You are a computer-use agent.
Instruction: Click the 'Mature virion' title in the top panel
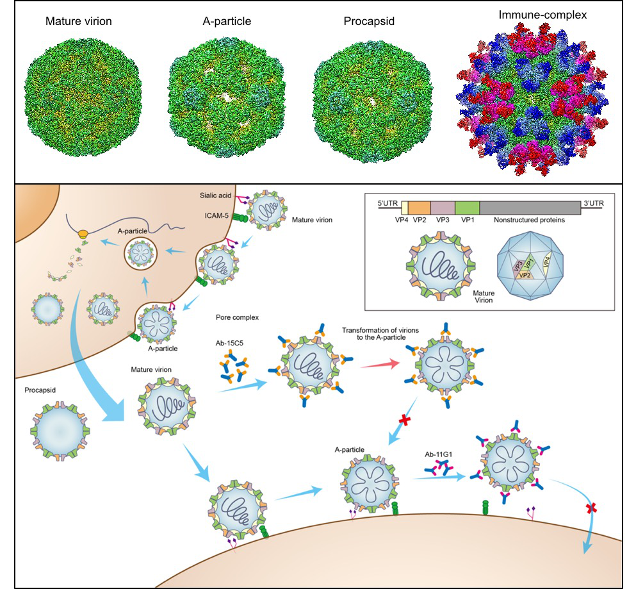(79, 21)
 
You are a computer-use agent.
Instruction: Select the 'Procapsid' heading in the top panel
(368, 21)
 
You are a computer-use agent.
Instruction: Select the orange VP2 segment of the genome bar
(419, 207)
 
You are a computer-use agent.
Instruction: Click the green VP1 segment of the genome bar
(467, 207)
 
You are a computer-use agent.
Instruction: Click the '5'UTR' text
(388, 204)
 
